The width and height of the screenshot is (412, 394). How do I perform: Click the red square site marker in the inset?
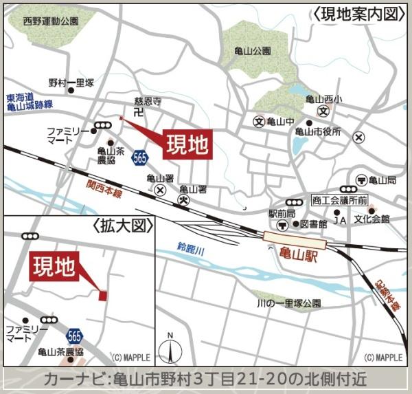(x=103, y=296)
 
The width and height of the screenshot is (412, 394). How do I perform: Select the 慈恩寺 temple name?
(x=146, y=101)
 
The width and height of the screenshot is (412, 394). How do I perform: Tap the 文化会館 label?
(x=371, y=219)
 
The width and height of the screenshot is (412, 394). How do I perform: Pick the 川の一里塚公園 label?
(x=288, y=303)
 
